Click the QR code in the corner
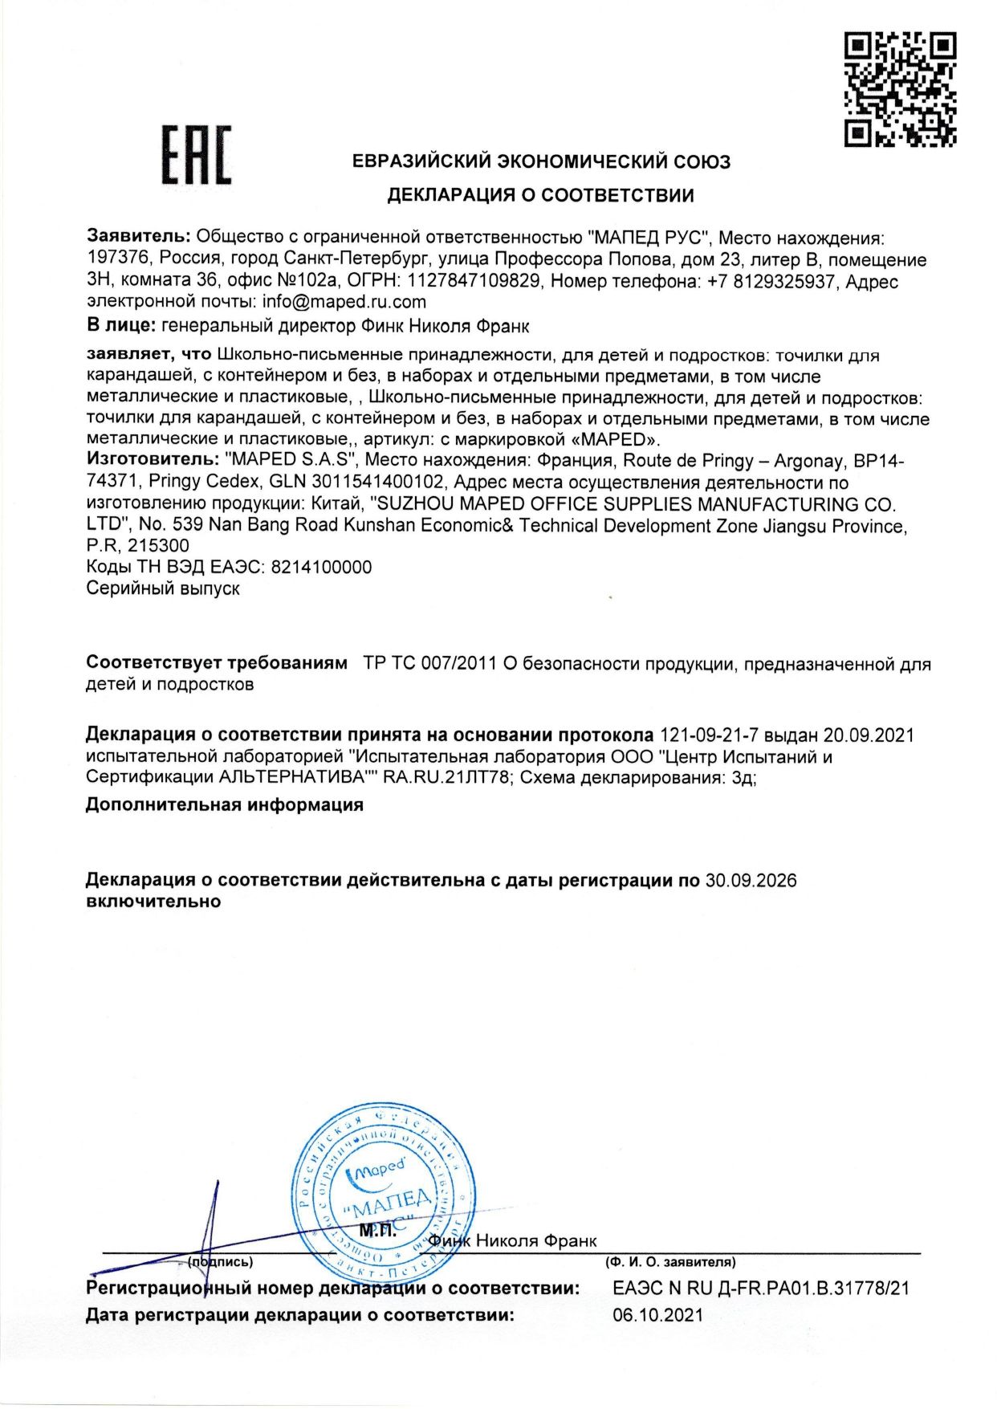point(900,88)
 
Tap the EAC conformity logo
point(197,156)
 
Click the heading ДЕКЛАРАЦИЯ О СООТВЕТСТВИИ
point(541,195)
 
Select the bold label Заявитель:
point(139,237)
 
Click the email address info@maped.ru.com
point(344,302)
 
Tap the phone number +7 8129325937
point(771,281)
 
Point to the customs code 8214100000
point(322,567)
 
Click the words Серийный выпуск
point(163,588)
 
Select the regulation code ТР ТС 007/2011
point(429,664)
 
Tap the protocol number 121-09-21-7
point(709,735)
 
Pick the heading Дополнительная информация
point(225,804)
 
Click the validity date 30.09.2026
point(751,881)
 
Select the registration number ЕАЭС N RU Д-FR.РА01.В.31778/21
point(761,1289)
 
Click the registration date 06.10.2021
point(658,1315)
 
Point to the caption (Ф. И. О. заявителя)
point(671,1263)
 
